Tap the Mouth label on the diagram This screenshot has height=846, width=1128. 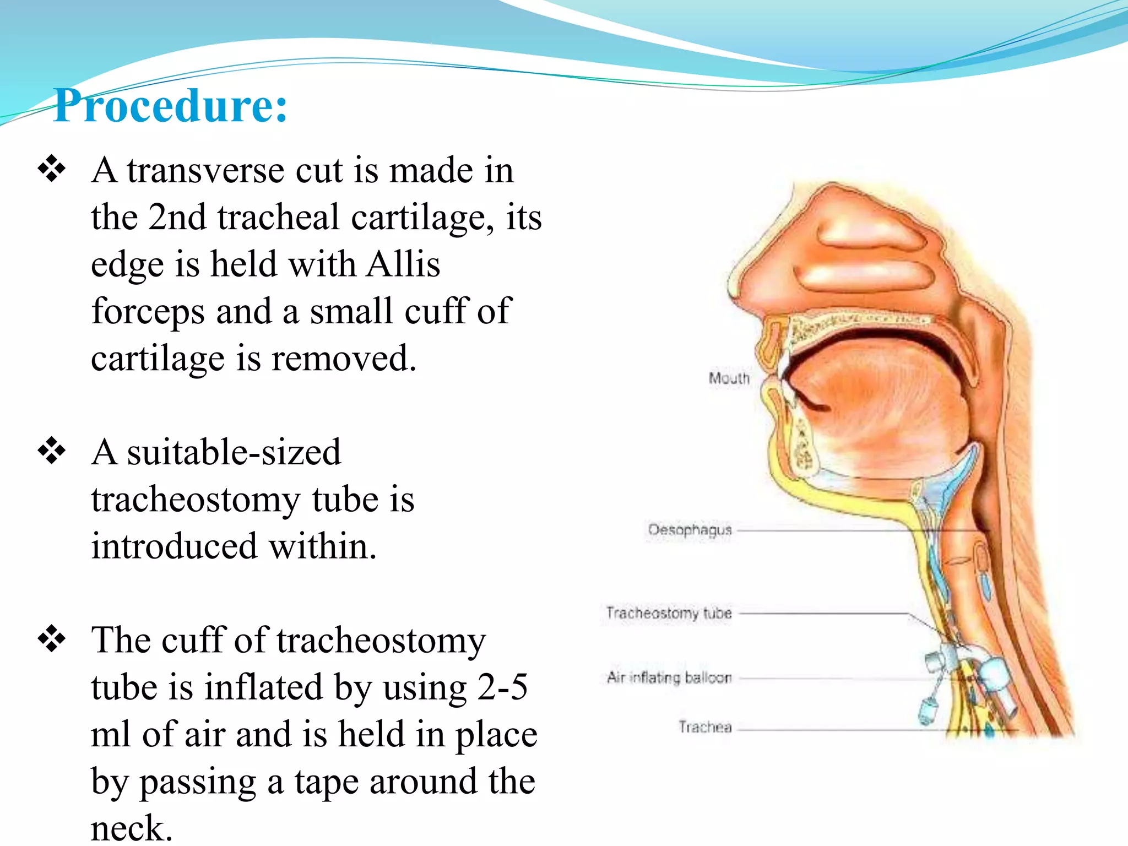pyautogui.click(x=729, y=378)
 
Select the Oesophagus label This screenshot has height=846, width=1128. pyautogui.click(x=690, y=530)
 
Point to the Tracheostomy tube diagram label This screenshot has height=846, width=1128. pyautogui.click(x=669, y=613)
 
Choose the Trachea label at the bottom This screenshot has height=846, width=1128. pyautogui.click(x=705, y=727)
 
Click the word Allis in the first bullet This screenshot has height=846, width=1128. pyautogui.click(x=403, y=264)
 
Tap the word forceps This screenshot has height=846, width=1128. pyautogui.click(x=148, y=312)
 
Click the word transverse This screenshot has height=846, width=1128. pyautogui.click(x=205, y=170)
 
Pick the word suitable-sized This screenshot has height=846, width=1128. pyautogui.click(x=234, y=453)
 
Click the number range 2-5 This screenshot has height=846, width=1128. pyautogui.click(x=502, y=687)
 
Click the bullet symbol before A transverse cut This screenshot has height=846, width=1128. pyautogui.click(x=52, y=169)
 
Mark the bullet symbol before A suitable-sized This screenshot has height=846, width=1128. pyautogui.click(x=52, y=451)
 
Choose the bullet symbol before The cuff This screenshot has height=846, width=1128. pyautogui.click(x=52, y=639)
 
